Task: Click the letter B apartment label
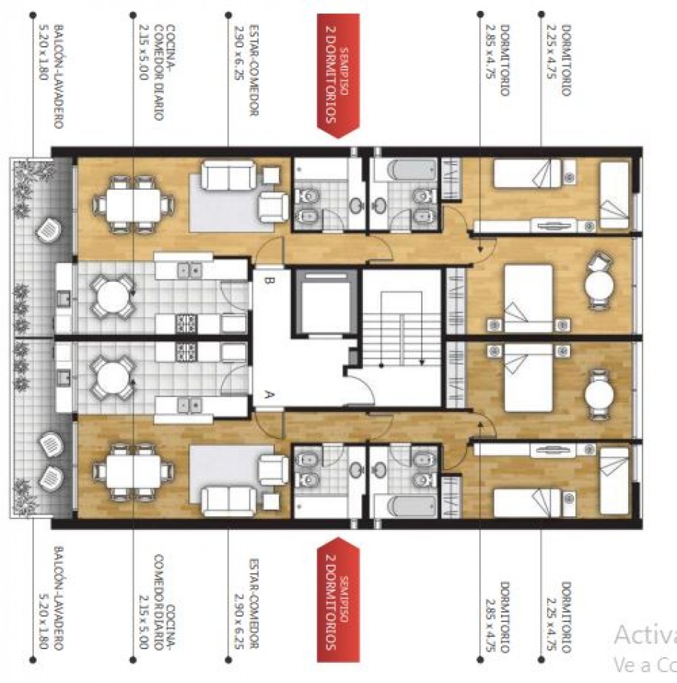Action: coord(269,281)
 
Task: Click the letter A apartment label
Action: coord(269,395)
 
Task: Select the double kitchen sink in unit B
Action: coord(190,270)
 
